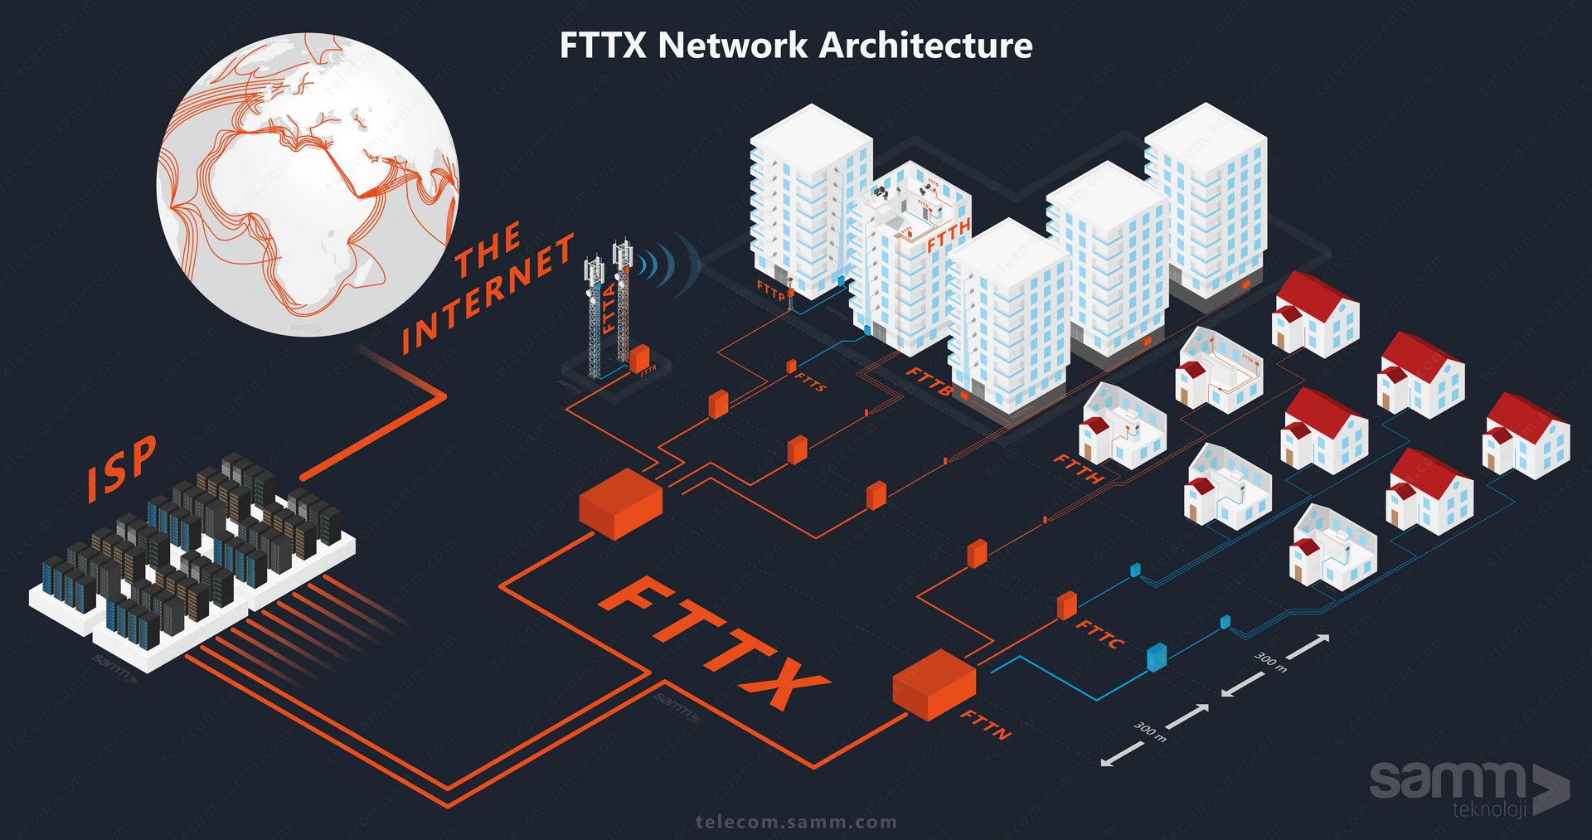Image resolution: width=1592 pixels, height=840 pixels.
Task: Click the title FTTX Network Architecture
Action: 796,45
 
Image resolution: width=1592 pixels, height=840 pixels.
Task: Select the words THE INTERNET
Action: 489,286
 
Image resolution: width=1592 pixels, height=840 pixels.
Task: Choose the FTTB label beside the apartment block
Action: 929,381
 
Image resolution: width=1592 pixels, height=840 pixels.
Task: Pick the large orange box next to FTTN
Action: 934,684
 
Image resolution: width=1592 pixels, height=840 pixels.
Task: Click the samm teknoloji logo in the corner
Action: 1468,788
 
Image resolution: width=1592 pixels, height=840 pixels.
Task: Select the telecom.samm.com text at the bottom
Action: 796,823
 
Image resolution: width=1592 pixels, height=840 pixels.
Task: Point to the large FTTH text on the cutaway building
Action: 948,235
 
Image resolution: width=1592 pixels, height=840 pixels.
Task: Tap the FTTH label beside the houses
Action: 1079,469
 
